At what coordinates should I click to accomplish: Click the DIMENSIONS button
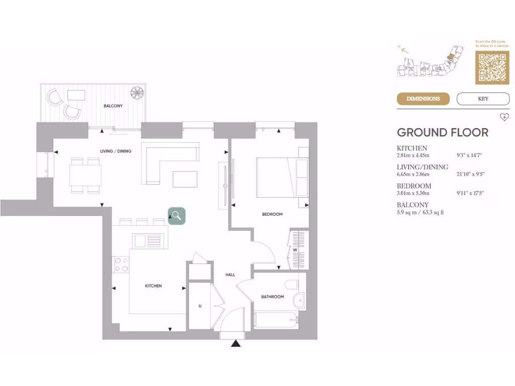pos(423,99)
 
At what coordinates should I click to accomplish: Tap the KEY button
pos(483,99)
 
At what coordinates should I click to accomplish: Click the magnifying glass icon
pos(177,216)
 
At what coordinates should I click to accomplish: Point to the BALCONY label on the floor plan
pos(113,106)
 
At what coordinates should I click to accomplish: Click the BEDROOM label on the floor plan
pos(272,214)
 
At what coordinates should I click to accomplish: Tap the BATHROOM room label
pos(272,297)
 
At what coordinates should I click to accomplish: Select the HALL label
pos(230,274)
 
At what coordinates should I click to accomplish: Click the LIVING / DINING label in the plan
pos(116,151)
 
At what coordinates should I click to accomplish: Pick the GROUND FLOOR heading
pos(443,133)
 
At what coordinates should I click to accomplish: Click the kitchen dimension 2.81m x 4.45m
pos(413,156)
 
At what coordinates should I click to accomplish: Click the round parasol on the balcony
pos(137,92)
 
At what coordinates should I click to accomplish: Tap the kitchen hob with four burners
pos(121,264)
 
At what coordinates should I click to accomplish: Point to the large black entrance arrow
pos(235,344)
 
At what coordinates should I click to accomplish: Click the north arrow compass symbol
pos(403,49)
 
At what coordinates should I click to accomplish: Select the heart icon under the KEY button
pos(504,117)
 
